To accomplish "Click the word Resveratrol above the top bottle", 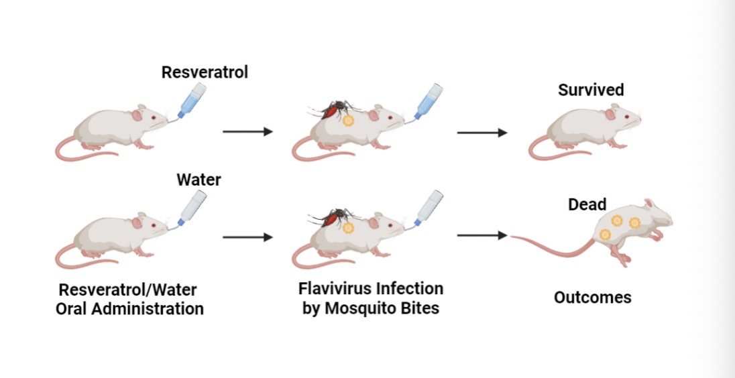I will [205, 72].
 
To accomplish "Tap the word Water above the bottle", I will [199, 180].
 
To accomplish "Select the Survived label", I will [591, 90].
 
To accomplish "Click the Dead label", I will [587, 204].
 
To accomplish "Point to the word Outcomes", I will [592, 297].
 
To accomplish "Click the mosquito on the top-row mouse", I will [334, 109].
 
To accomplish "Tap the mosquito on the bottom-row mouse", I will [333, 216].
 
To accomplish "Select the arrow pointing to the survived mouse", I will [482, 133].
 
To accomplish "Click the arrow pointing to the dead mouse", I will [482, 235].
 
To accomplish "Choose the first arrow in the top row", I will [247, 132].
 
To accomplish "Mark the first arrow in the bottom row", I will [247, 237].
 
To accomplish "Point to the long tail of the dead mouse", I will [550, 245].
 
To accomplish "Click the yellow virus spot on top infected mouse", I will [348, 121].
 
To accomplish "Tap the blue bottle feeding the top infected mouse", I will [428, 101].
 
